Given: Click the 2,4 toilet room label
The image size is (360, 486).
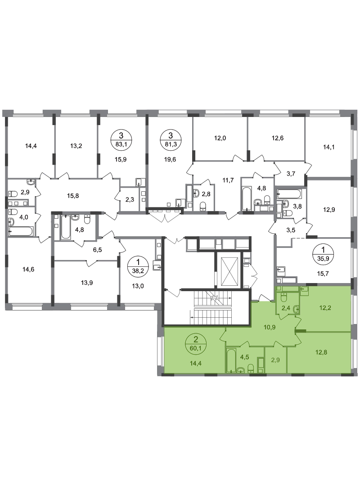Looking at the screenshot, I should pos(285,308).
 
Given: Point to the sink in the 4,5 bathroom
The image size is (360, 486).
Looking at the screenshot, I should pos(240,370).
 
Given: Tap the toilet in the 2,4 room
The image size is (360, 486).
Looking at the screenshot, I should pos(284,297).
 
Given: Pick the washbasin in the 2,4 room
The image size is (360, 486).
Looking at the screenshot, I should pos(296,309).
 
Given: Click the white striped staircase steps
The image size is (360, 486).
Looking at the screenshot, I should pos(213,308).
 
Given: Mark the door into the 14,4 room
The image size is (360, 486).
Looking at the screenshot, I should pos(222,335).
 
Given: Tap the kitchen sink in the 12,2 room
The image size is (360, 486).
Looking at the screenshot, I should pos(304,289).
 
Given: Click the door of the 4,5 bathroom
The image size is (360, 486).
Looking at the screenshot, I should pos(244,344).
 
